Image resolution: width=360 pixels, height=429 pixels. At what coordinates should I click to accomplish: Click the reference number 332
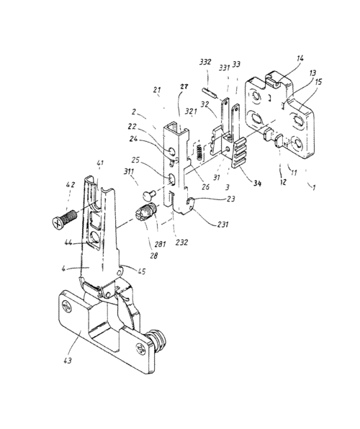click(204, 62)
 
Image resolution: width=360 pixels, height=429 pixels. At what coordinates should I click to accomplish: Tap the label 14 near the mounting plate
click(300, 58)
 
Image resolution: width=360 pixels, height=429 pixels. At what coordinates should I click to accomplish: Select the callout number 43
click(68, 361)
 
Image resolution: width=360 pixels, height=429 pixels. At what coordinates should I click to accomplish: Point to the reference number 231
click(222, 225)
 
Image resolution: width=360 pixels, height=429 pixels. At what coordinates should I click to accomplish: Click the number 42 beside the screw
click(70, 185)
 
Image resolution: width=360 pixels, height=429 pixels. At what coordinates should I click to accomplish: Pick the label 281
click(160, 244)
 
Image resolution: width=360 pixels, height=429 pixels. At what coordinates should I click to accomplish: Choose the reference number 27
click(184, 86)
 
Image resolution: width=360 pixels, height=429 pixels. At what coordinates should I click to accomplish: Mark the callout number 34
click(257, 183)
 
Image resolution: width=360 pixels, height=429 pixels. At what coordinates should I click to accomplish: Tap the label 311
click(128, 172)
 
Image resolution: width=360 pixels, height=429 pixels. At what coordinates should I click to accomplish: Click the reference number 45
click(142, 271)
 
